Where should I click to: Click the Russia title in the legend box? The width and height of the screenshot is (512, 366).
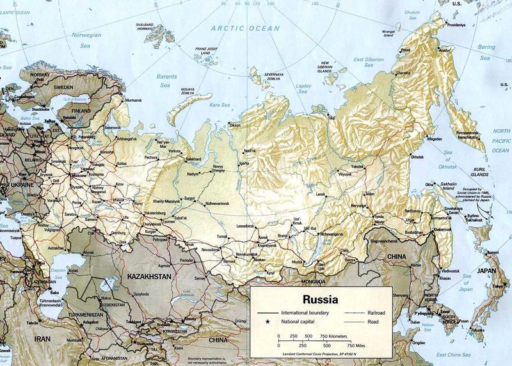pyautogui.click(x=321, y=299)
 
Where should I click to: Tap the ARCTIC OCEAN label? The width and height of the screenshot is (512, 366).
pyautogui.click(x=245, y=29)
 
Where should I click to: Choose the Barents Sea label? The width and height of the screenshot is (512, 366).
pyautogui.click(x=166, y=80)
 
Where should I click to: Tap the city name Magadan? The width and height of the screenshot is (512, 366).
pyautogui.click(x=435, y=138)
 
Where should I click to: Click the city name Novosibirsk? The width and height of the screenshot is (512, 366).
pyautogui.click(x=211, y=250)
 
